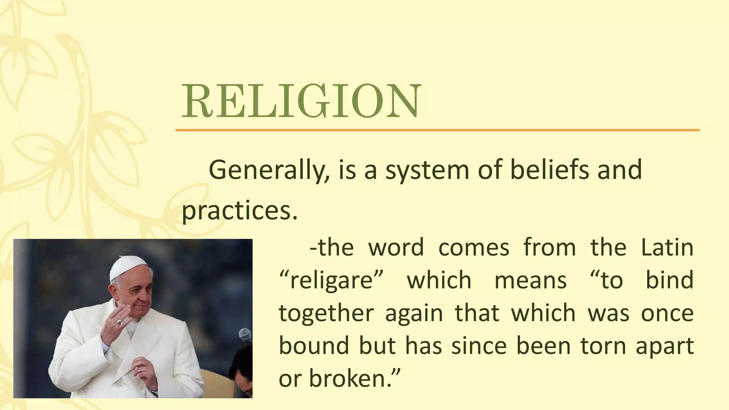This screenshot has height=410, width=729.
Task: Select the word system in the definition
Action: (x=427, y=170)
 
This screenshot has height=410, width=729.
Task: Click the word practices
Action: (x=239, y=211)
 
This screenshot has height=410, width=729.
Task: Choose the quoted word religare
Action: (x=331, y=280)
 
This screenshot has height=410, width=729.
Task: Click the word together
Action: (x=326, y=314)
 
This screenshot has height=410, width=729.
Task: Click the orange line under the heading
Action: (x=437, y=130)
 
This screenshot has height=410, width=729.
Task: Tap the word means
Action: (x=530, y=280)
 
